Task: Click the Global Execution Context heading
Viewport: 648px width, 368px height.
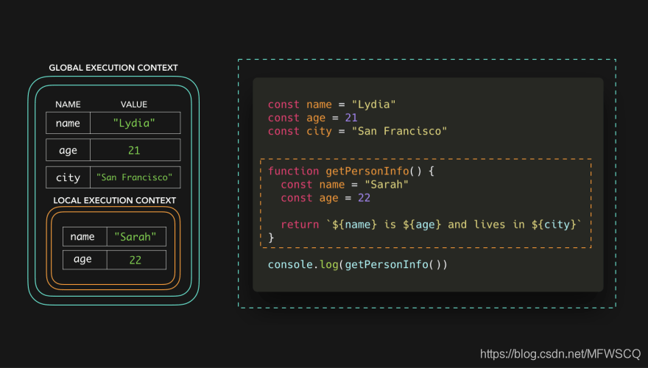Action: click(x=113, y=68)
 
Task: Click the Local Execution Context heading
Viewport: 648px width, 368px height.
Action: click(x=115, y=200)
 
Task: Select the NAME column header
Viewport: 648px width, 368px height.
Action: click(x=68, y=105)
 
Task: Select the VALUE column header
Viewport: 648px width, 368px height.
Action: click(x=134, y=105)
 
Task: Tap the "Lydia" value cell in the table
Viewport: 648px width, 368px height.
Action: click(x=135, y=123)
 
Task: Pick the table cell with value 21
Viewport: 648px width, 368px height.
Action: click(x=135, y=150)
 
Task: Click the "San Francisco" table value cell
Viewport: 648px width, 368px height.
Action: click(x=135, y=177)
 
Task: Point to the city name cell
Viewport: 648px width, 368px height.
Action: click(x=68, y=177)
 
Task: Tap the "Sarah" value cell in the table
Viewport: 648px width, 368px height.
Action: click(x=136, y=236)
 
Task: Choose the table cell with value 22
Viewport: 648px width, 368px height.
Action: click(x=136, y=260)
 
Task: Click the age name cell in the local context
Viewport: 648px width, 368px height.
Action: click(x=83, y=260)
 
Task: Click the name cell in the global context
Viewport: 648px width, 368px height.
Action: click(x=68, y=123)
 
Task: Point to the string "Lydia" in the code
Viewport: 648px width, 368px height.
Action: click(x=376, y=105)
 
